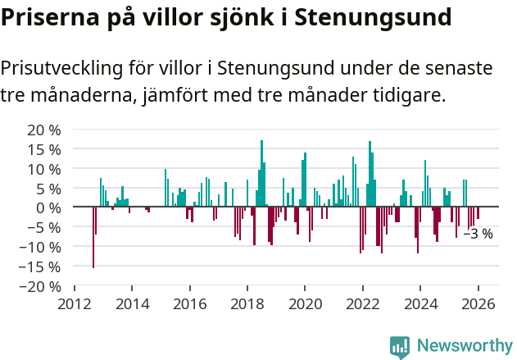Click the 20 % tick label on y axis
point(43,130)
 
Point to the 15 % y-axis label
point(43,149)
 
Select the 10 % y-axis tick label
point(43,169)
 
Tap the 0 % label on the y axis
point(48,207)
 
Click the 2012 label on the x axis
point(75,303)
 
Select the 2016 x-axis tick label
point(190,303)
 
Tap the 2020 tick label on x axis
point(305,303)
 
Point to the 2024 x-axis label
point(420,303)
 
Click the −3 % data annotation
point(478,235)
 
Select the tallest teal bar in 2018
point(261,173)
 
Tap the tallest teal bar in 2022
point(370,174)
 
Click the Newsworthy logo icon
point(400,346)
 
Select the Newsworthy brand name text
point(464,346)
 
